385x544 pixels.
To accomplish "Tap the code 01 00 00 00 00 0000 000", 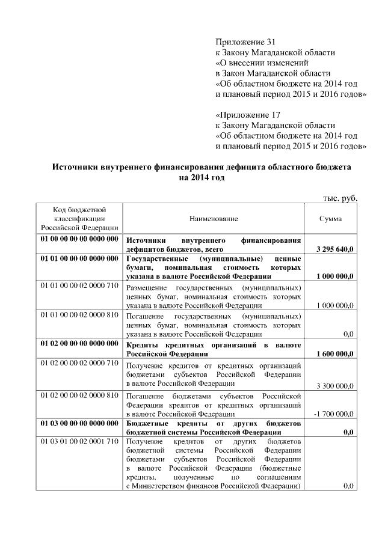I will [x=79, y=239].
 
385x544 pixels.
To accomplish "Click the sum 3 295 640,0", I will [x=334, y=248].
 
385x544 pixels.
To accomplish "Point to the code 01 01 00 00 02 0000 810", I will [x=79, y=314].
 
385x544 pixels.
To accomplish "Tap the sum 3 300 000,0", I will [x=334, y=385].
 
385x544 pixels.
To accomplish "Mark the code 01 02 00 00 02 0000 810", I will [x=79, y=395].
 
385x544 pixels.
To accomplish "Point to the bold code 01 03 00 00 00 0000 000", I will [x=79, y=424].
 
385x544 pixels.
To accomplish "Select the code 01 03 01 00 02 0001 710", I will [x=79, y=442].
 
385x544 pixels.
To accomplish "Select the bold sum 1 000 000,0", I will [x=334, y=276].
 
